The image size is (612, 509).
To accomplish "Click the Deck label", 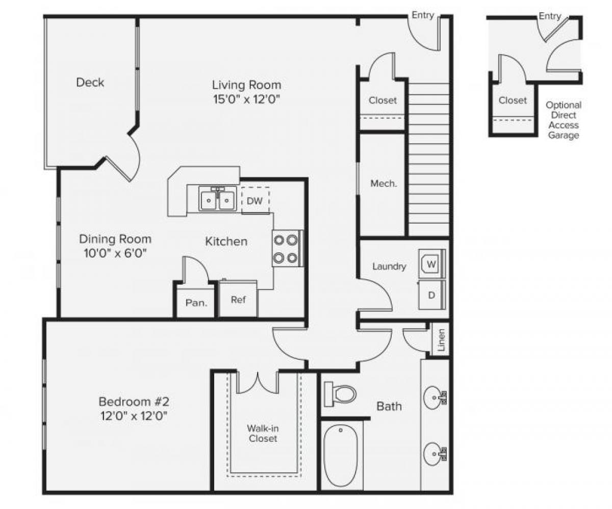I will click(x=90, y=82).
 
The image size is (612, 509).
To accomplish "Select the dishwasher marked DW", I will click(x=254, y=200).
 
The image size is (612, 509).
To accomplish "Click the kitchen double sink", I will click(x=217, y=199).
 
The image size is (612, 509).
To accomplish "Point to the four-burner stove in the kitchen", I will click(x=286, y=249).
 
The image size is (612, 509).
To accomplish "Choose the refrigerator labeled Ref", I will click(x=238, y=299).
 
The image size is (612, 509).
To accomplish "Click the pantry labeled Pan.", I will click(x=196, y=302).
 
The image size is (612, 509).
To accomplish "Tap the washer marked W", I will click(x=431, y=264).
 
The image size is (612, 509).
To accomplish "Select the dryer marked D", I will click(x=431, y=295).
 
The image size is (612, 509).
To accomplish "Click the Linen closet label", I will click(x=441, y=340).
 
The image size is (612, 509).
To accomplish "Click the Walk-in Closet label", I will click(x=263, y=433).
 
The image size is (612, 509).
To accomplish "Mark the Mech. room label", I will click(x=384, y=183).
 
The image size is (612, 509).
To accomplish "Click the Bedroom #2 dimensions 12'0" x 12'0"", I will click(x=133, y=416).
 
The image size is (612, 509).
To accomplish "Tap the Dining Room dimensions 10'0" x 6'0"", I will click(x=115, y=253).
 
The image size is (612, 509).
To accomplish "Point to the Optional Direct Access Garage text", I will click(x=563, y=120).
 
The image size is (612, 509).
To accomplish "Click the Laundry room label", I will click(x=389, y=266).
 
